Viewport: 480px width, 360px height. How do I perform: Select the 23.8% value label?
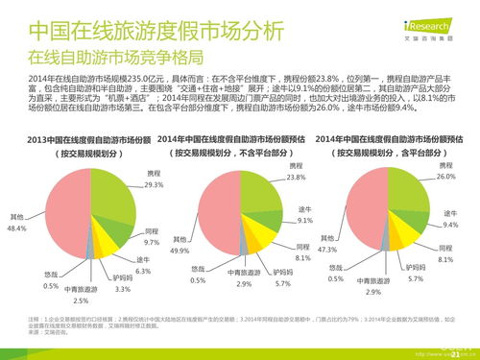click(x=296, y=178)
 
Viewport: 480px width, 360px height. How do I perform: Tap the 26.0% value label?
click(x=444, y=178)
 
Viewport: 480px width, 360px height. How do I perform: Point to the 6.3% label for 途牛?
click(x=142, y=271)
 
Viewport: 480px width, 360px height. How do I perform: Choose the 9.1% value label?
click(x=305, y=220)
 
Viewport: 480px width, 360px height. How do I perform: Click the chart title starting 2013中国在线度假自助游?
click(x=79, y=143)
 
